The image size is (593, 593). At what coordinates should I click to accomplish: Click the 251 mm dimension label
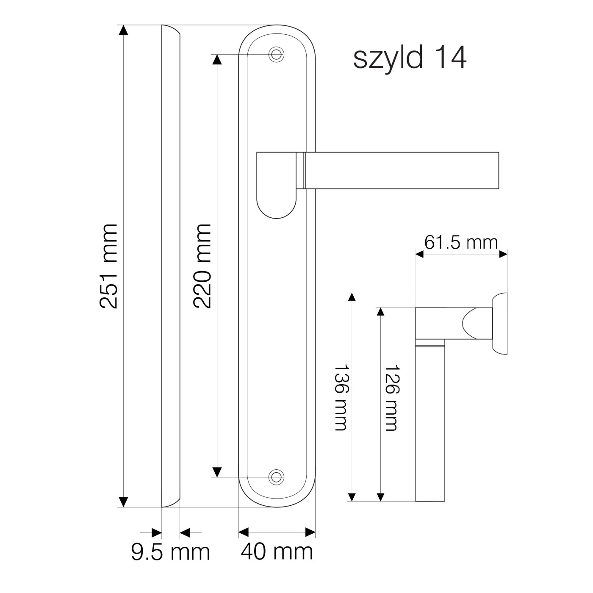[108, 266]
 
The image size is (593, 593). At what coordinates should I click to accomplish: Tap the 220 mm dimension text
[202, 266]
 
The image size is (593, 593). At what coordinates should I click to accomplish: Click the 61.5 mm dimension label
[461, 242]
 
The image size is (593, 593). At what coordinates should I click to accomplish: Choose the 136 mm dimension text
[341, 398]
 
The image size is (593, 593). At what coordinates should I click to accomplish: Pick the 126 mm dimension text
[392, 398]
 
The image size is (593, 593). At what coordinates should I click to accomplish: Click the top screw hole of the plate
[276, 55]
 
